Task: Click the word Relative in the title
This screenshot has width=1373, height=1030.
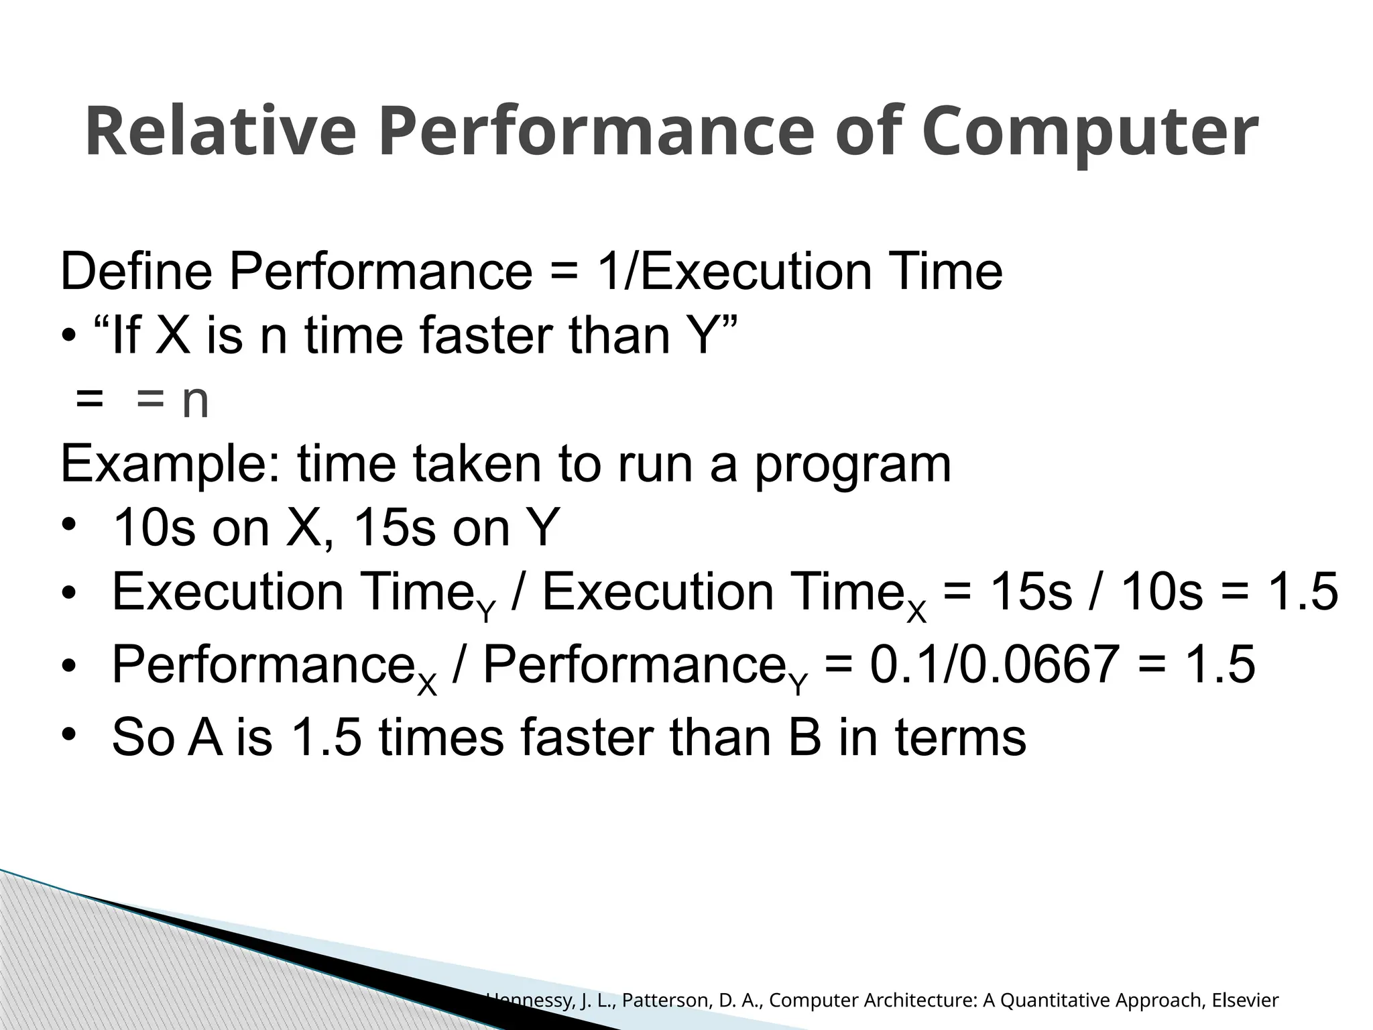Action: coord(220,132)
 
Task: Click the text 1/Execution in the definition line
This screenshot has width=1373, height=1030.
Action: coord(734,272)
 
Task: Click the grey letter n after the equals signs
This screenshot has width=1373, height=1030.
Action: coord(195,402)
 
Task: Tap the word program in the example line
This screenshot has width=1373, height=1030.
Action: coord(852,464)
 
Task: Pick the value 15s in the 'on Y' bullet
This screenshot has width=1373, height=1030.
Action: coord(396,528)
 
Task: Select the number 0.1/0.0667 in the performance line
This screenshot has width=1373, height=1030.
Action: coord(994,665)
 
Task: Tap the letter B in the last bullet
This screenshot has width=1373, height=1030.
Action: coord(804,737)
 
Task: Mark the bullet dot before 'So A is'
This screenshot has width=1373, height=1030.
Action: coord(68,736)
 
